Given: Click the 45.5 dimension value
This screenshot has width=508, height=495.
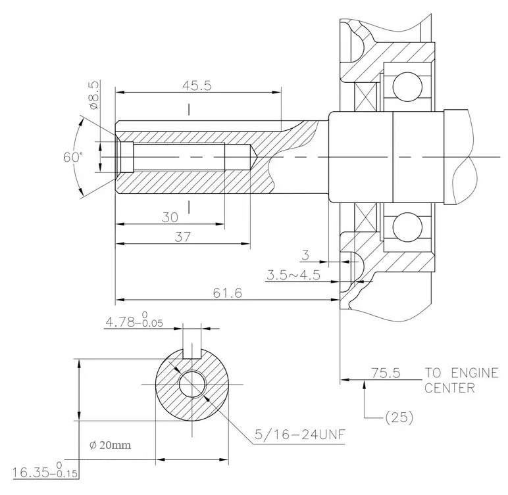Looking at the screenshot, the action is click(x=197, y=86).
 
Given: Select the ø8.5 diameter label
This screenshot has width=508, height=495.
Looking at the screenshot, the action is click(x=93, y=95).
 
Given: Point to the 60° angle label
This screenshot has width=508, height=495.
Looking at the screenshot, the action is click(x=73, y=157).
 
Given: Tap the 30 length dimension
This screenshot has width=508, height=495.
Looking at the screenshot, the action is click(x=170, y=217).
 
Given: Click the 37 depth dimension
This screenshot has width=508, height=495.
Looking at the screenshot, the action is click(x=183, y=237).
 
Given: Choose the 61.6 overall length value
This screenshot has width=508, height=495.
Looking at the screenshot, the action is click(x=228, y=293).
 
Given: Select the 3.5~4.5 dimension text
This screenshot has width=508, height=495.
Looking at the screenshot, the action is click(x=293, y=275).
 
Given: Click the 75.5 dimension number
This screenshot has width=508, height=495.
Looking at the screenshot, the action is click(x=386, y=373).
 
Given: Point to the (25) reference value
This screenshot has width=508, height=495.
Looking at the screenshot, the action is click(x=399, y=417).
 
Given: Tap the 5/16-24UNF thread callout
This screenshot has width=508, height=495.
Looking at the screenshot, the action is click(x=300, y=434).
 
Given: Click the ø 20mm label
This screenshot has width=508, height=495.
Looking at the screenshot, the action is click(x=110, y=446).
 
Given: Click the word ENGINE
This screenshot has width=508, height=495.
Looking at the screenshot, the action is click(x=474, y=373).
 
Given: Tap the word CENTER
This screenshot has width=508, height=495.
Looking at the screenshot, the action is click(x=449, y=388).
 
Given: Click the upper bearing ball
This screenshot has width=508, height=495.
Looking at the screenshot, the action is click(x=407, y=87).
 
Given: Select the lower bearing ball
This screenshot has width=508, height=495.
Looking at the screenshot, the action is click(x=407, y=227).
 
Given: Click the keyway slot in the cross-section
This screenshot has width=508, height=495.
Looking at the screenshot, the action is click(x=192, y=354).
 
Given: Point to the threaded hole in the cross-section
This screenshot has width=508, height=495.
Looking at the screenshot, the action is click(x=192, y=385).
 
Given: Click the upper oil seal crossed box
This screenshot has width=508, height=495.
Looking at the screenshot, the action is click(x=366, y=97).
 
